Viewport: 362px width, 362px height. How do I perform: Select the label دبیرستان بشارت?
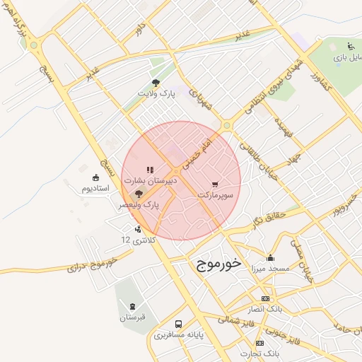pos(151,180)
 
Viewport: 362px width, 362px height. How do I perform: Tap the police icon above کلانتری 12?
pos(137,228)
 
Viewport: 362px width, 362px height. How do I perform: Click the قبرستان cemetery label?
pos(132,317)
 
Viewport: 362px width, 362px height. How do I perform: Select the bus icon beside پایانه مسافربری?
pos(178,324)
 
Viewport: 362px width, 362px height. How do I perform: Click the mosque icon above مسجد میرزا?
pos(270,257)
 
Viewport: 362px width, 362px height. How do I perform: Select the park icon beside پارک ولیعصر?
pos(139,192)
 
